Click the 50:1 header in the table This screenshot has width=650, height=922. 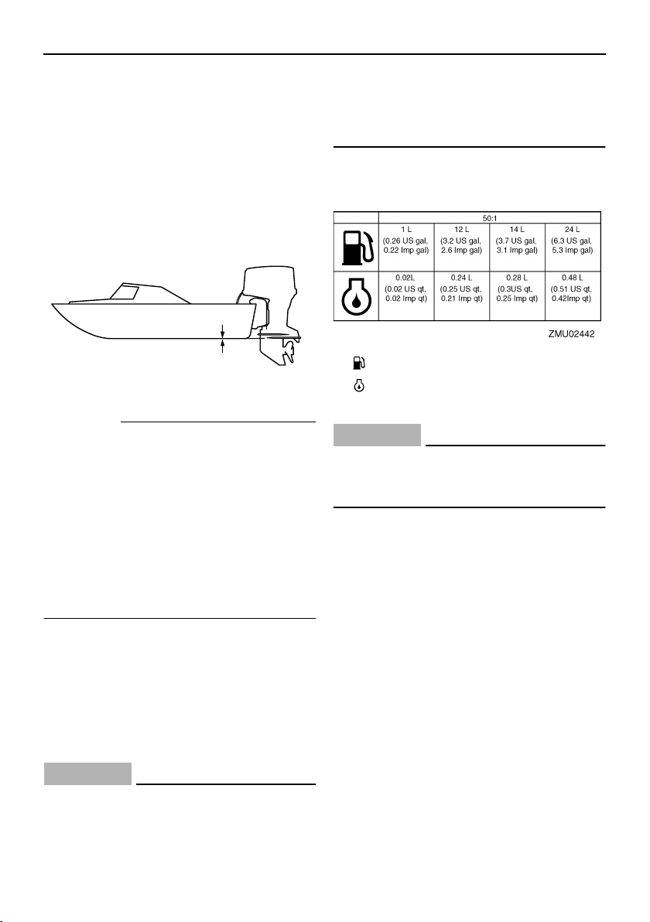490,217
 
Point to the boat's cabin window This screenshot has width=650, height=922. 126,292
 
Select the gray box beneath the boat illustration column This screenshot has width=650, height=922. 87,774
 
